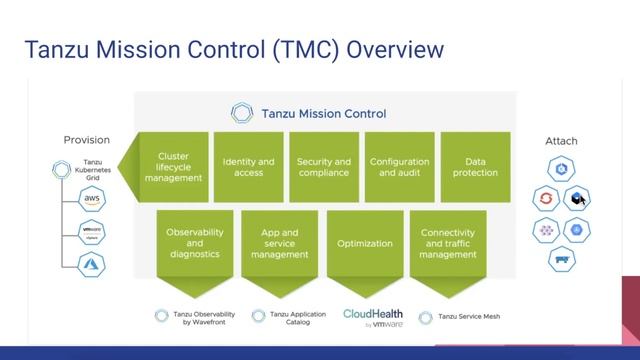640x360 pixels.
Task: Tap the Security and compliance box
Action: pyautogui.click(x=323, y=166)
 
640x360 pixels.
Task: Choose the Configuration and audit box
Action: pyautogui.click(x=399, y=166)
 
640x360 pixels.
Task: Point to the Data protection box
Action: pyautogui.click(x=476, y=166)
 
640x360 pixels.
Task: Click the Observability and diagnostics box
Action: pyautogui.click(x=195, y=243)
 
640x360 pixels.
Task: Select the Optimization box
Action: pyautogui.click(x=364, y=243)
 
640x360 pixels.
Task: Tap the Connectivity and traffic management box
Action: pyautogui.click(x=448, y=243)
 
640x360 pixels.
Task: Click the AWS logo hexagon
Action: pyautogui.click(x=92, y=200)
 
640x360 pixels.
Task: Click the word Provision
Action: pyautogui.click(x=87, y=140)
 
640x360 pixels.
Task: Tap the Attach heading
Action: pyautogui.click(x=561, y=141)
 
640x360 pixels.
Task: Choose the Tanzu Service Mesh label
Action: pyautogui.click(x=470, y=316)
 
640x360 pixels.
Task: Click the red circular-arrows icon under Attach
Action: pyautogui.click(x=545, y=198)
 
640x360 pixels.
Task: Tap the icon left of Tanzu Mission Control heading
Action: pyautogui.click(x=241, y=113)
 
